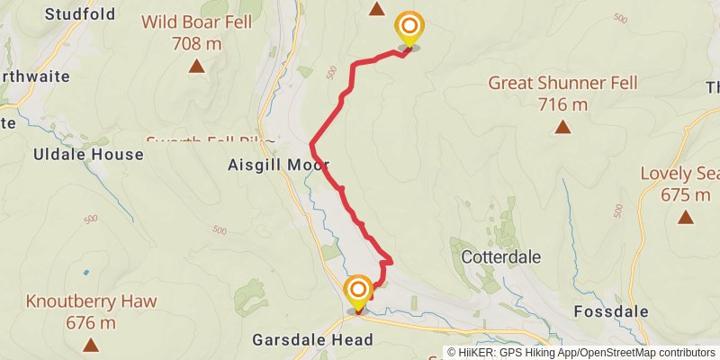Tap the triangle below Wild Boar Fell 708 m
pyautogui.click(x=196, y=66)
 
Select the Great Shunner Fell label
pyautogui.click(x=562, y=83)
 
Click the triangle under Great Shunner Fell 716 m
pyautogui.click(x=562, y=127)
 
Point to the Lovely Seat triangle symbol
pyautogui.click(x=686, y=216)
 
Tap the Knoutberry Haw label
pyautogui.click(x=90, y=301)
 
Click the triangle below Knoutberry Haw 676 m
pyautogui.click(x=90, y=345)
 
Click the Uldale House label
pyautogui.click(x=88, y=154)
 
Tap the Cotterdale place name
pyautogui.click(x=500, y=257)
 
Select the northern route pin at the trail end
pyautogui.click(x=409, y=27)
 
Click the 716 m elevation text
pyautogui.click(x=562, y=104)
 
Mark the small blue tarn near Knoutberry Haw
pyautogui.click(x=86, y=272)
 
